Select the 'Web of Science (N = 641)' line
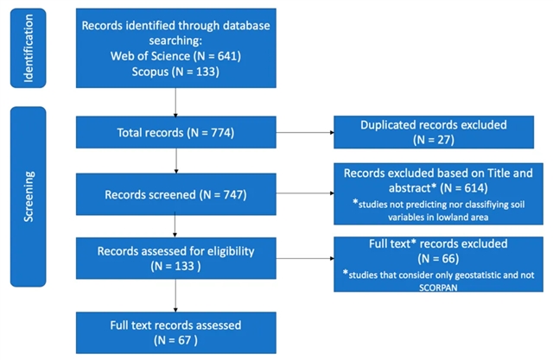pos(175,55)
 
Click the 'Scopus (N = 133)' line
pos(175,71)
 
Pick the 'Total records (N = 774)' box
pos(175,133)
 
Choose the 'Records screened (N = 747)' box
pos(175,195)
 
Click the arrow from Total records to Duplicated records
pos(303,134)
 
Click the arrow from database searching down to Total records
pos(175,103)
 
